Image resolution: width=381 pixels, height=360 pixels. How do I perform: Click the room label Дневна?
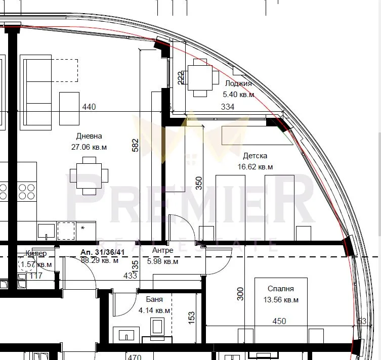(89, 136)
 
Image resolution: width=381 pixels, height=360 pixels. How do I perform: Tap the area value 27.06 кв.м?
(89, 147)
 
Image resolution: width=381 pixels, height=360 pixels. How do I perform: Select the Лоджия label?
(238, 83)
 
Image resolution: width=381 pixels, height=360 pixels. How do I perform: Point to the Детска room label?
(255, 156)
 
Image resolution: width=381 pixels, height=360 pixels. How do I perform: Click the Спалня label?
(281, 289)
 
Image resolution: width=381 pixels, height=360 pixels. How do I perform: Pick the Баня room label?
(154, 299)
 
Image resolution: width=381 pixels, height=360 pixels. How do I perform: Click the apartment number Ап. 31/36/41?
(102, 252)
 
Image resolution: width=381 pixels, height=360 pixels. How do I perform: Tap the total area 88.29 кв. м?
(100, 260)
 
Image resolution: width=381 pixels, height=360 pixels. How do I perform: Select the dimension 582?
(135, 145)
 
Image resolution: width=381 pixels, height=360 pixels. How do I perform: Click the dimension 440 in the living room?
(89, 107)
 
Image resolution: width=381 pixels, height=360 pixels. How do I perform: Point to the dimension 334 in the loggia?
(228, 107)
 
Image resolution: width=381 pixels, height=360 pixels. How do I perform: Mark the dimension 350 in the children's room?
(199, 183)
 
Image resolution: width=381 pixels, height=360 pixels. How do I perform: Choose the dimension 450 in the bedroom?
(279, 321)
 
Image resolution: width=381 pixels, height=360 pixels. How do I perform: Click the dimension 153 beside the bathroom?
(191, 318)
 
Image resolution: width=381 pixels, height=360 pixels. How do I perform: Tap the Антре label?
(162, 250)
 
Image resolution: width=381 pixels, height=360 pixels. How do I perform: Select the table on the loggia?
(200, 78)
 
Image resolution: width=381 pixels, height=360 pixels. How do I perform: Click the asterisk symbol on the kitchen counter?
(82, 228)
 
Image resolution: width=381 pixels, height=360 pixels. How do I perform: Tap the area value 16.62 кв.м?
(255, 167)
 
